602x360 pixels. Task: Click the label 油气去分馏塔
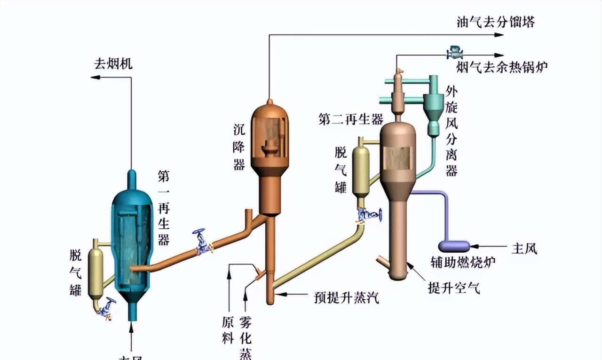click(x=496, y=22)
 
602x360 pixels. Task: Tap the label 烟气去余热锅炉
click(x=502, y=68)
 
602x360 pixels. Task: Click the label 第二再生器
click(x=351, y=119)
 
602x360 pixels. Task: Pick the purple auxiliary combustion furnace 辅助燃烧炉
click(x=453, y=246)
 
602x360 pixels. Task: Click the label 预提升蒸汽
click(x=347, y=297)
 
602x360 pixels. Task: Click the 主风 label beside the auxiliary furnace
click(x=524, y=248)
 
